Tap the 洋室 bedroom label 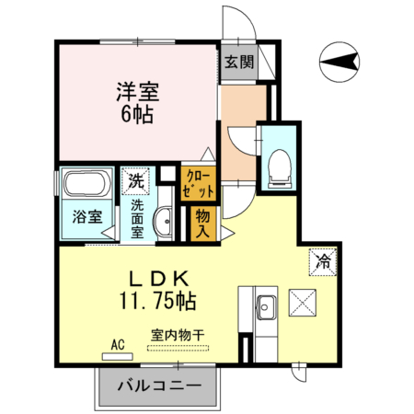[137, 93]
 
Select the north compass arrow [339, 63]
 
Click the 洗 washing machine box [136, 180]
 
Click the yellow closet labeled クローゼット [199, 182]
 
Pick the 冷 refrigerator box [323, 260]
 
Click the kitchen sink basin [266, 304]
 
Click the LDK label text [157, 277]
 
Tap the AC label [117, 344]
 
